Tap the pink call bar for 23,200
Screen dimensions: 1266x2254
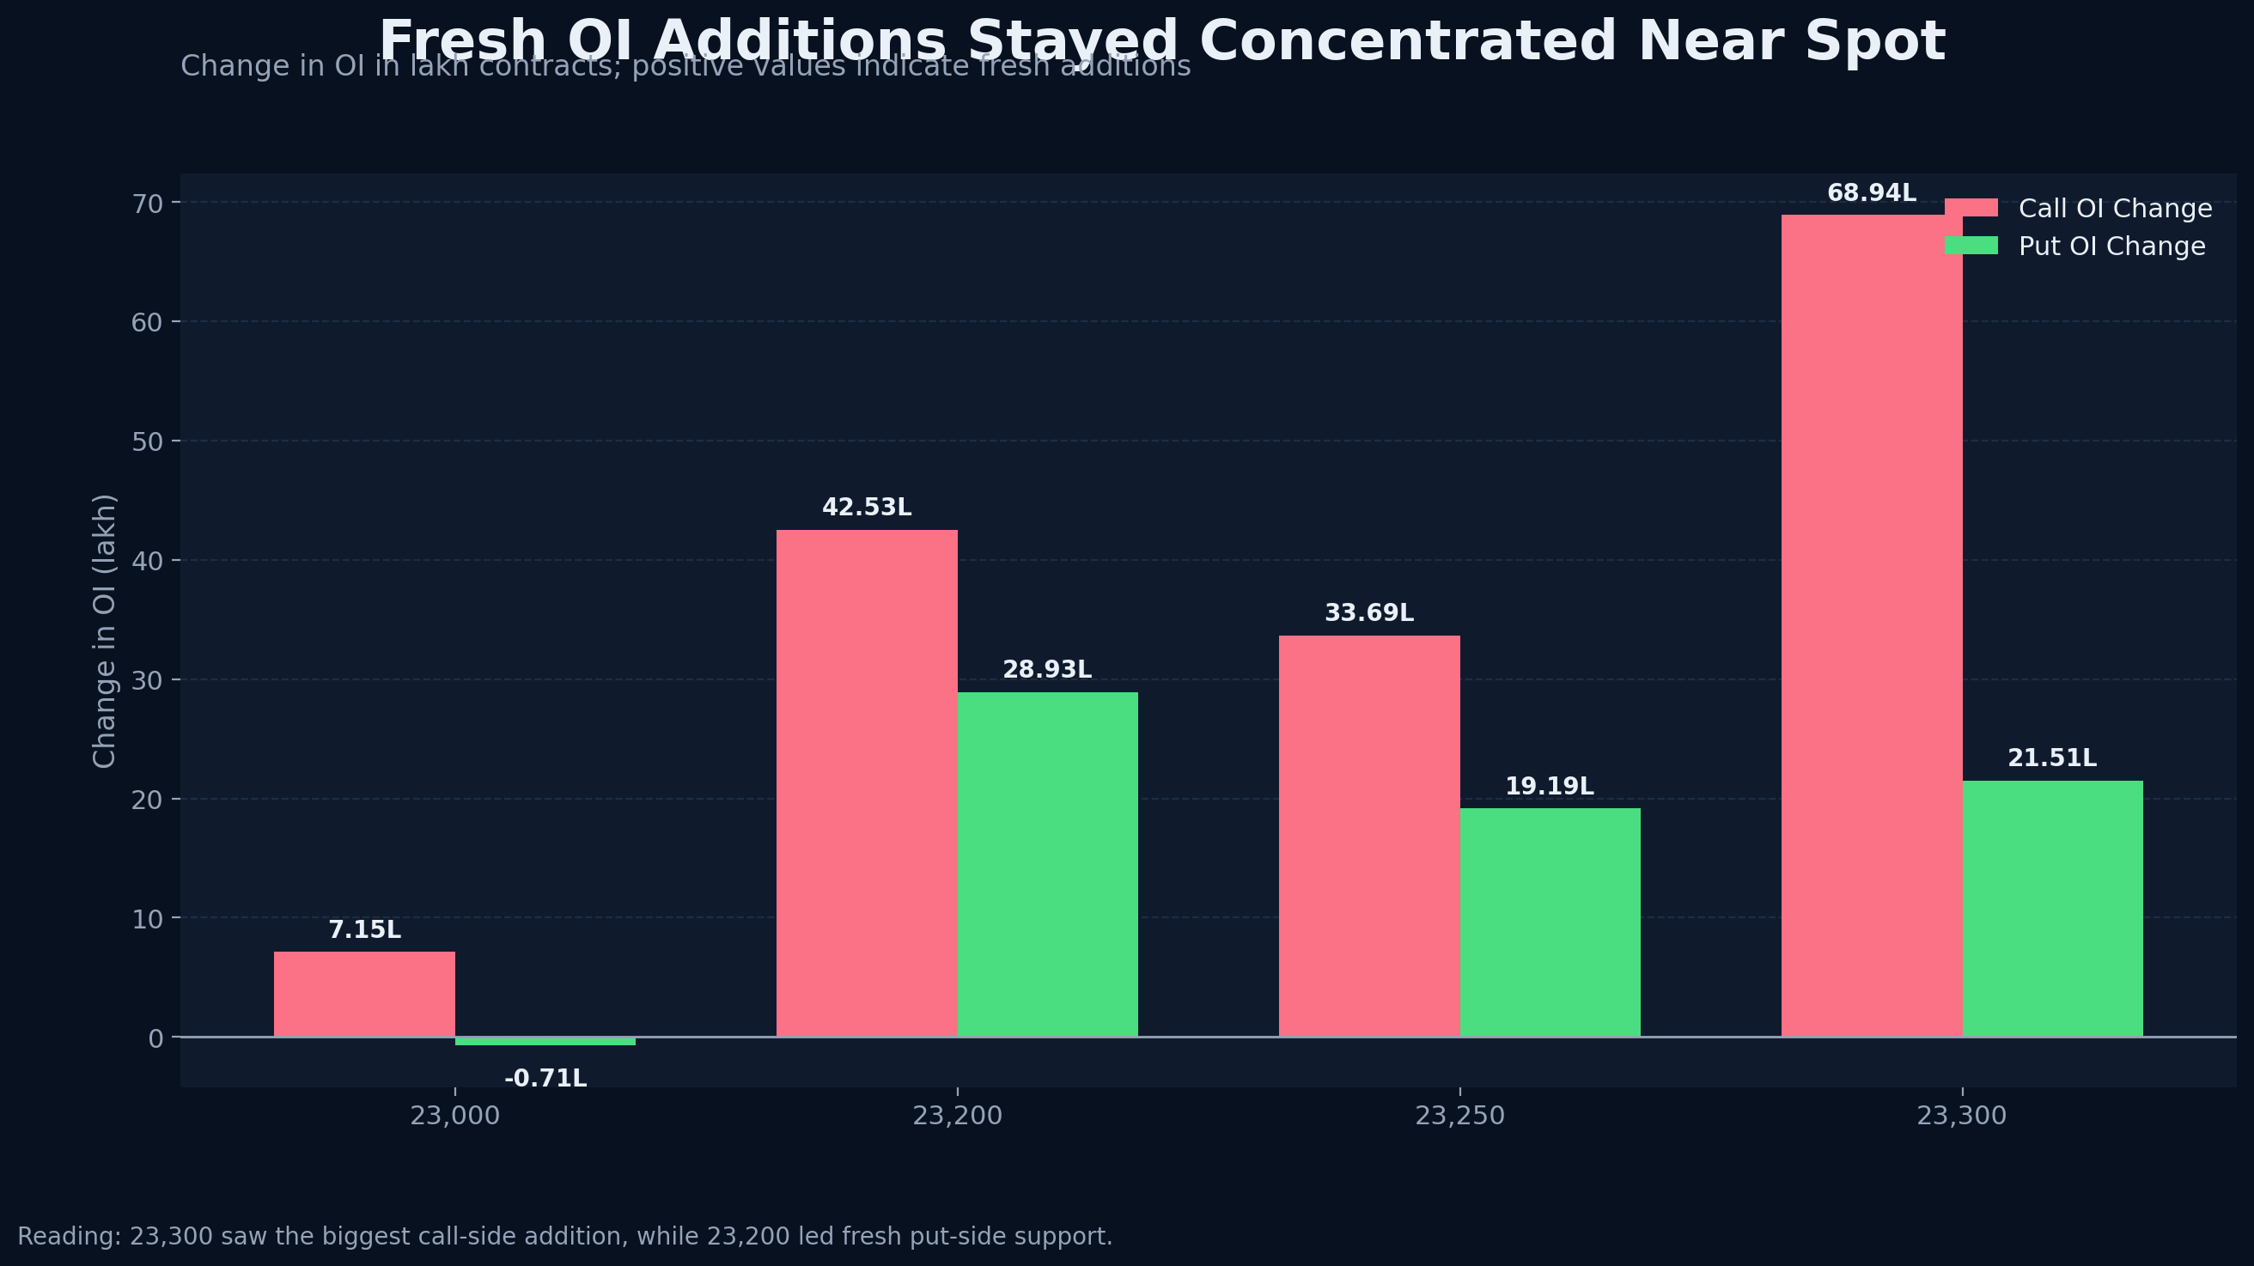pos(866,783)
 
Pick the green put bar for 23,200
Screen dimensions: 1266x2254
pos(1047,864)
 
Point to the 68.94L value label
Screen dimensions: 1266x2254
pos(1871,193)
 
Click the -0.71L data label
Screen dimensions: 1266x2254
pos(545,1079)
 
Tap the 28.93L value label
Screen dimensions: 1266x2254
pos(1046,670)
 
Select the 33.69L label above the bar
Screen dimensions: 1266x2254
pos(1368,613)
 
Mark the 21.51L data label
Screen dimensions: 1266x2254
pos(2052,758)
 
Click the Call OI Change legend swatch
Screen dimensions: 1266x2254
pos(1971,208)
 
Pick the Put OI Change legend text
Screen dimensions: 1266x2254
pos(2111,247)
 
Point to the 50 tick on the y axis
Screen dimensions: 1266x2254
pos(148,441)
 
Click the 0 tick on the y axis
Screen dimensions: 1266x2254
pos(155,1038)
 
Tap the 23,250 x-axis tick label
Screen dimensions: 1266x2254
pos(1459,1117)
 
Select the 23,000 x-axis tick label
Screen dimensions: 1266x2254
pos(455,1117)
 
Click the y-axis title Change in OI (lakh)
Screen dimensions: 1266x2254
pos(104,630)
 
